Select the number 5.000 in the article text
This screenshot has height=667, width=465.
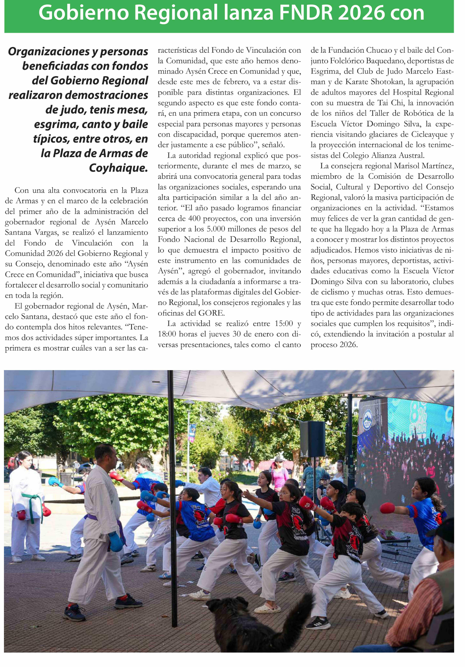216,229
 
